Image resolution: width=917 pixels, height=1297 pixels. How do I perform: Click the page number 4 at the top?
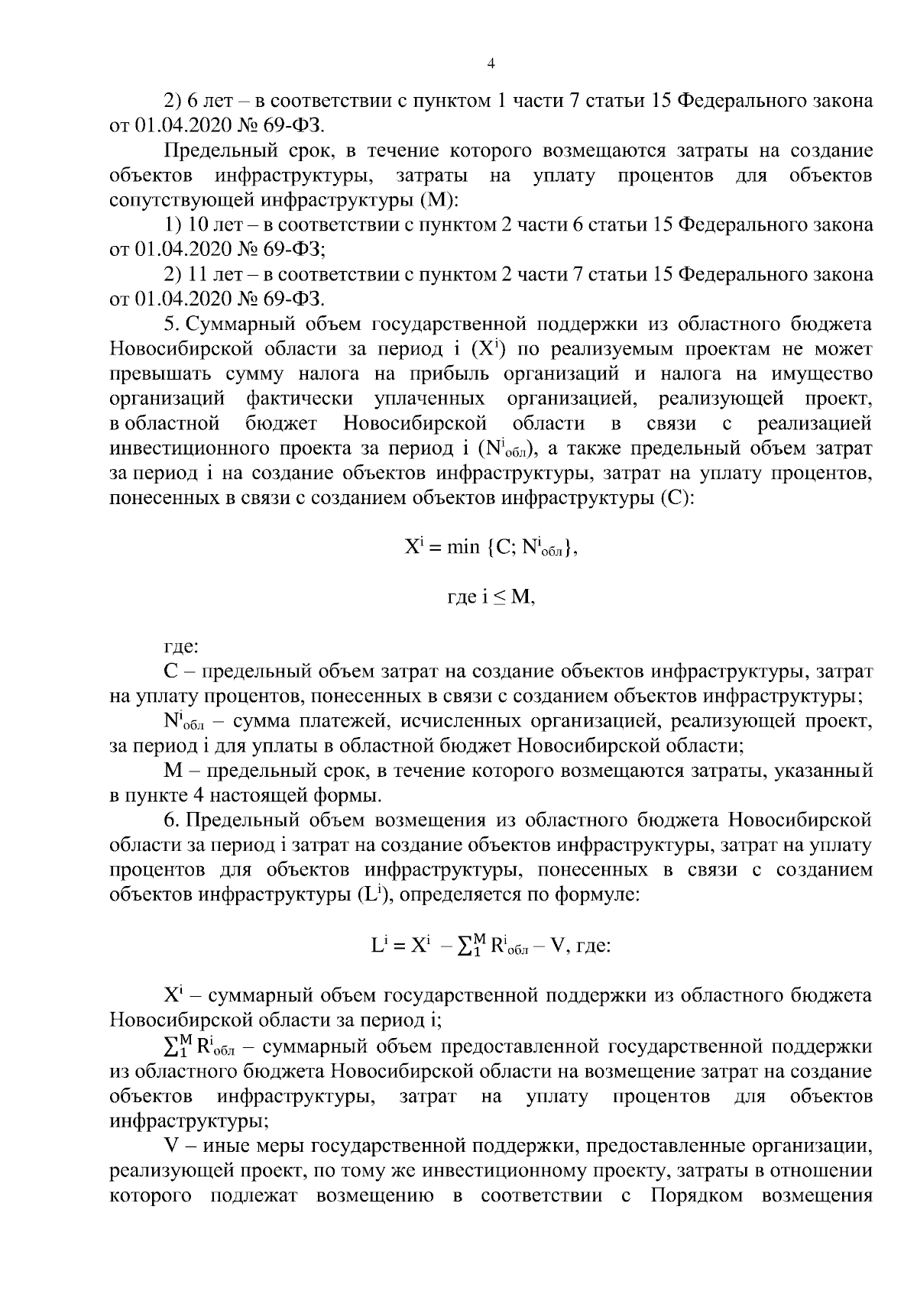coord(491,64)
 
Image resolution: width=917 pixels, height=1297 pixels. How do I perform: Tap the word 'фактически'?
coord(300,399)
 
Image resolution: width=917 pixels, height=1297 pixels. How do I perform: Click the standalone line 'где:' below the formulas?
coord(181,647)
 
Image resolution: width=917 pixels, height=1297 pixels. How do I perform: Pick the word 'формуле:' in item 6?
coord(598,894)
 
